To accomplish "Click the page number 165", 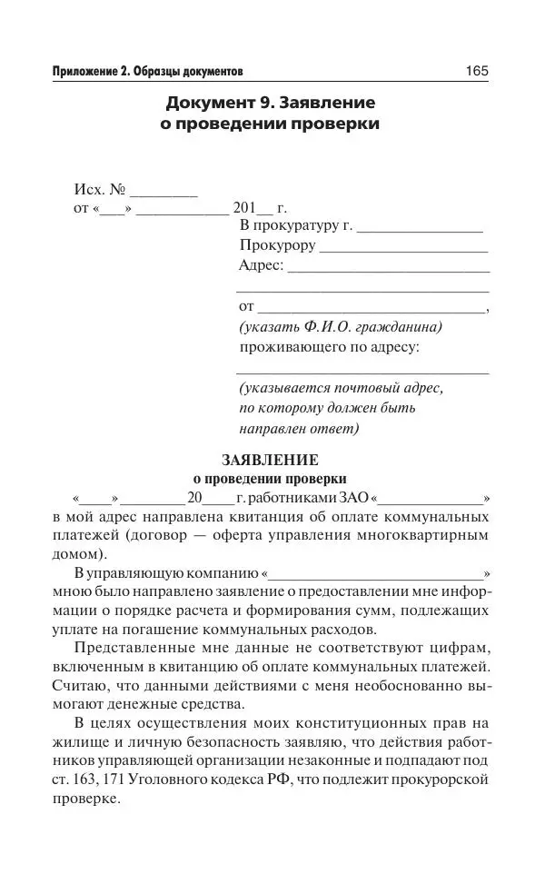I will click(477, 70).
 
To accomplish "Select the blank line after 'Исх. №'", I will click(164, 194).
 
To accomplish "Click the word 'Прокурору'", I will click(278, 245).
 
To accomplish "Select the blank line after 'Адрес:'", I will click(389, 266).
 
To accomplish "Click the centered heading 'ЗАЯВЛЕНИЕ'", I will click(270, 460).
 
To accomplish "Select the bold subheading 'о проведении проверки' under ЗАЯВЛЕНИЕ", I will click(270, 479).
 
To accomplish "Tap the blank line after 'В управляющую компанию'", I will click(376, 575).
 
